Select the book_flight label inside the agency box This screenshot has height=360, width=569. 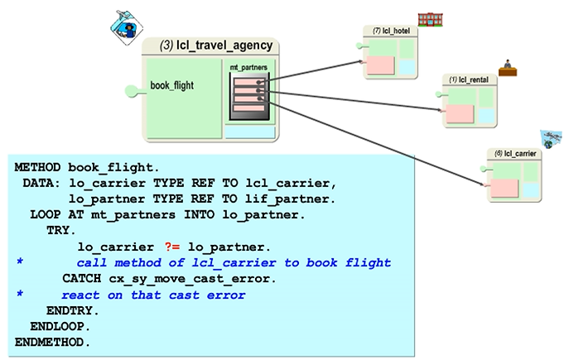172,85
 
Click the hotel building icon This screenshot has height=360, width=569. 429,19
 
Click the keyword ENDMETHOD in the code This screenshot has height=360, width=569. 52,342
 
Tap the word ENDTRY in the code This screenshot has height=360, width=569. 73,310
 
